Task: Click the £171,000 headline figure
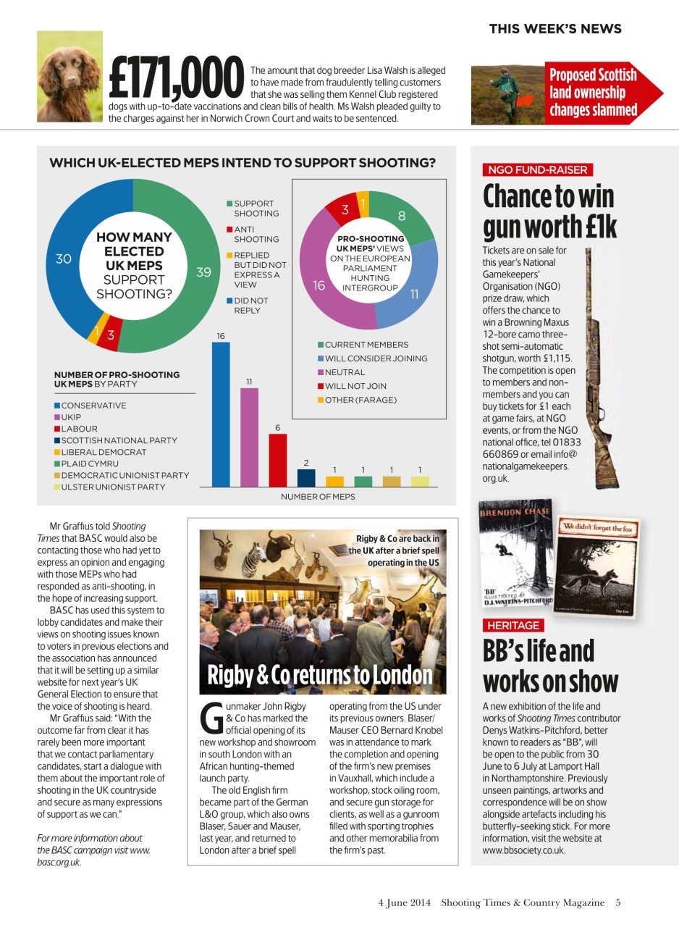click(x=175, y=77)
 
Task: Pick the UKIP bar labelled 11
click(x=249, y=437)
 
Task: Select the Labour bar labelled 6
click(x=277, y=460)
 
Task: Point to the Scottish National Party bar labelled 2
click(x=306, y=477)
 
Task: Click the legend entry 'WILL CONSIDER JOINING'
click(x=376, y=358)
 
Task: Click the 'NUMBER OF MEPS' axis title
click(x=318, y=497)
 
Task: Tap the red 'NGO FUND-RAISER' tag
click(x=537, y=170)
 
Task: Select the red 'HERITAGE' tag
click(x=513, y=625)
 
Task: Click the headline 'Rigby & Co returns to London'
click(x=319, y=676)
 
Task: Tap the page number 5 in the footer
click(x=618, y=902)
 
